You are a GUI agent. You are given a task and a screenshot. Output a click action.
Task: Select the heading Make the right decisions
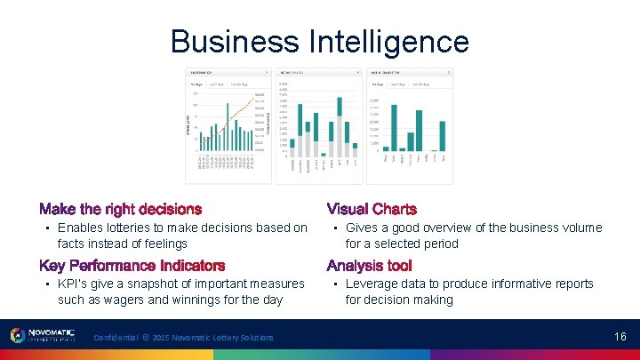click(121, 210)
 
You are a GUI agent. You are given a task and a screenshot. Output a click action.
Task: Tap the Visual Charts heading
click(372, 210)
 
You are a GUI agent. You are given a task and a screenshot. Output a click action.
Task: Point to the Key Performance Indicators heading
click(132, 266)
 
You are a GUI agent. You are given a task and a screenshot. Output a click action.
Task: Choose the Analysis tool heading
click(370, 266)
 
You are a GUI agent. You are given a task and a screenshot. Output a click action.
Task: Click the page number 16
click(620, 336)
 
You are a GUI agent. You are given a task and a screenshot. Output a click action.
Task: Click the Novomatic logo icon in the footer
click(17, 336)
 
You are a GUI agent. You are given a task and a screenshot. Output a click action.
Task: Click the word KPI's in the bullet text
click(76, 284)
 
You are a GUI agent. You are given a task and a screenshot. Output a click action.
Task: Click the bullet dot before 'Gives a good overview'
click(334, 228)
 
